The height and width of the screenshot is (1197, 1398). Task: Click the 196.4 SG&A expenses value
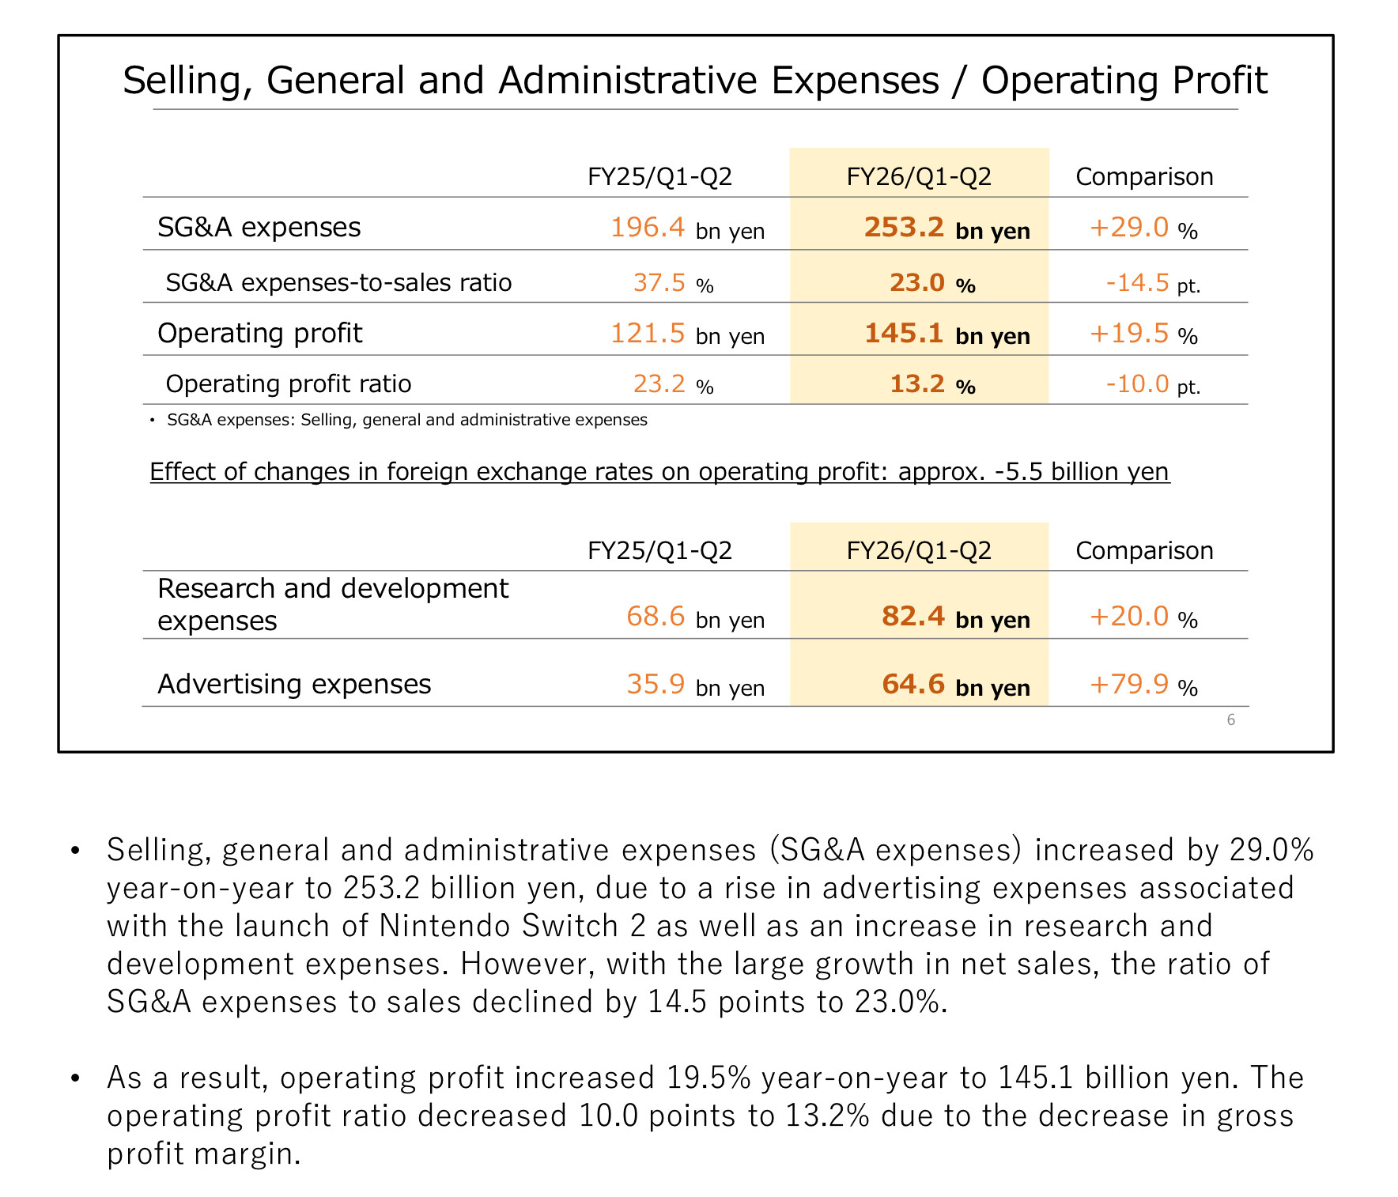(648, 228)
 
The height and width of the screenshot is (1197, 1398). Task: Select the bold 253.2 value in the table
(904, 228)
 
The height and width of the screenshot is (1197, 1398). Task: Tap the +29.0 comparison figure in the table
(1129, 228)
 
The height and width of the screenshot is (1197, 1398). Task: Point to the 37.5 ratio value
(659, 283)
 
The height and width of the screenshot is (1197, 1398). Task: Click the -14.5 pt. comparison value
(1137, 283)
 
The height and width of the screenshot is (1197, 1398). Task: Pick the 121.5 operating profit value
(648, 334)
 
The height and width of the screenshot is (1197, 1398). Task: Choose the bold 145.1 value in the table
(904, 334)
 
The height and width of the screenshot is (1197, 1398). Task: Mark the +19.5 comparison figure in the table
(1129, 334)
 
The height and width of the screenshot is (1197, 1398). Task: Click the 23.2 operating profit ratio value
(659, 384)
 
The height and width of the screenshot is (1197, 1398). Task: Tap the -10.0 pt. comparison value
(1137, 384)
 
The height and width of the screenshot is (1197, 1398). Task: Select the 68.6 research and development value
(656, 616)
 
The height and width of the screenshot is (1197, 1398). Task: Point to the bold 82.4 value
(913, 616)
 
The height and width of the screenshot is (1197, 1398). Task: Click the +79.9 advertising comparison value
(1129, 684)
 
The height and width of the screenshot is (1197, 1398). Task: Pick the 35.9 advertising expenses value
(656, 684)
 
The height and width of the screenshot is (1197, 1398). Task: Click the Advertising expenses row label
(294, 684)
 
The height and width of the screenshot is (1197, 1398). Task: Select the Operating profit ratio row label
(289, 384)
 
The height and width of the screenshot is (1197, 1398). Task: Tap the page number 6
(1230, 719)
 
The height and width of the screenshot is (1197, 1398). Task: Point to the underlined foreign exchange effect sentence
(659, 472)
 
